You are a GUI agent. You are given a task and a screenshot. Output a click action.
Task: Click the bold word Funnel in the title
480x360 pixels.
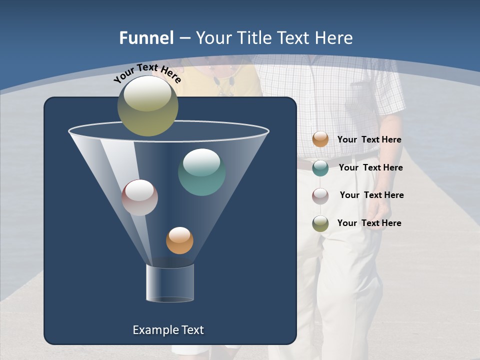coord(146,38)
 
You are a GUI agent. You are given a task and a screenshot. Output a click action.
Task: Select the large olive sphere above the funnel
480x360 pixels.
coord(147,106)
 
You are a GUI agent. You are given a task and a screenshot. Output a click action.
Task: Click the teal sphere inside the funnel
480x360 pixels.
coord(201,172)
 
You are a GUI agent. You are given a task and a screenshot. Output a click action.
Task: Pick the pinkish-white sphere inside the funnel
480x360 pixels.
coord(140,197)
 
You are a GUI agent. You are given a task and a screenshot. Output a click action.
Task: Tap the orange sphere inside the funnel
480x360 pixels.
coord(179,240)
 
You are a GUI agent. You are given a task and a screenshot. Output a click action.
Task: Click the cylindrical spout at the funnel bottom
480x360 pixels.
coord(170,283)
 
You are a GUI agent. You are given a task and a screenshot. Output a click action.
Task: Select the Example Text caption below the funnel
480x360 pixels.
coord(168,330)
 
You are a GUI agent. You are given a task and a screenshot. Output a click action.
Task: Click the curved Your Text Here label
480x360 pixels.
coord(147,74)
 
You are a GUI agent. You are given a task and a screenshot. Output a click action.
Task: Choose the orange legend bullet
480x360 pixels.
coord(320,139)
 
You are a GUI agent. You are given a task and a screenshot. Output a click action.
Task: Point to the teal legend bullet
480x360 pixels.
coord(320,168)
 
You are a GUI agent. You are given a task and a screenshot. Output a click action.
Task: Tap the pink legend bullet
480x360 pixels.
coord(320,195)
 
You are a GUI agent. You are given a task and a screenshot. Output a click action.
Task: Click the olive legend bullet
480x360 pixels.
coord(320,223)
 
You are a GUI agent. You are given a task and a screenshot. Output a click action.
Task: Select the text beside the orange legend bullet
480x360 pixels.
coord(369,139)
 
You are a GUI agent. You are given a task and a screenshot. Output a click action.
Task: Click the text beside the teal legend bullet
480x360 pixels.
coord(370,167)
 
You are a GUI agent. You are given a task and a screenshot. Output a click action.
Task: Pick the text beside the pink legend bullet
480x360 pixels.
coord(371,195)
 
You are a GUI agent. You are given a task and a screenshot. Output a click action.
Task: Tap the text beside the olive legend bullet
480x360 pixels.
coord(369,223)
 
